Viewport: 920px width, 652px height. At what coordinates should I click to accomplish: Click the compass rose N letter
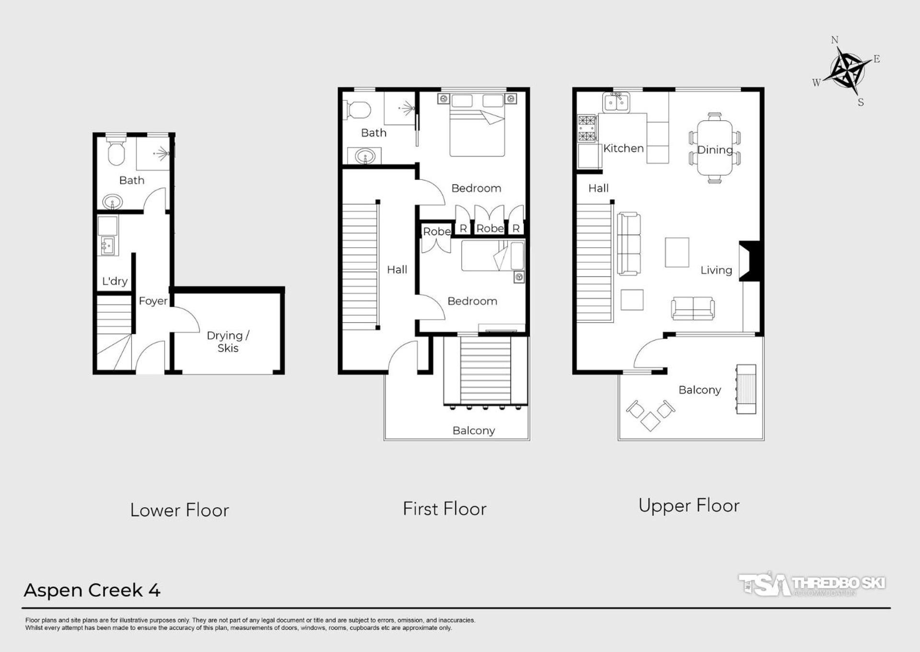[834, 40]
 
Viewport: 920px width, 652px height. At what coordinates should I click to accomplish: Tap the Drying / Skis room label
[228, 342]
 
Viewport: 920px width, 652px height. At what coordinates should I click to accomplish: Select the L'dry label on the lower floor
[115, 281]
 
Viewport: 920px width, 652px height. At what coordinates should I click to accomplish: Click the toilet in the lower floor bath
[116, 151]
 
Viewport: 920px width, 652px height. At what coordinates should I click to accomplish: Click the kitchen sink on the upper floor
[616, 103]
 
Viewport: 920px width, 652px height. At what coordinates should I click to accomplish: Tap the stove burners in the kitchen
[587, 129]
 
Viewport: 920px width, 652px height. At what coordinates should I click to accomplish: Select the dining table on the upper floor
[715, 148]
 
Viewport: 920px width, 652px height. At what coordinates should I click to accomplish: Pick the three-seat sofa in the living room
[629, 244]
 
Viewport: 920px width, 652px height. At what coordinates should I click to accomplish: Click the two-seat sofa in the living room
[693, 308]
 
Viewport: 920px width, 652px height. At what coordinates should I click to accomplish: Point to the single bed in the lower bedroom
[493, 256]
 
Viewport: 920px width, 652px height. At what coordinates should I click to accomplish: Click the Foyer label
[153, 301]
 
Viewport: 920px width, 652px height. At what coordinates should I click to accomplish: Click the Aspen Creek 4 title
[92, 590]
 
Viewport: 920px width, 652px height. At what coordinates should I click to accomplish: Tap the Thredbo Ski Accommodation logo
[812, 584]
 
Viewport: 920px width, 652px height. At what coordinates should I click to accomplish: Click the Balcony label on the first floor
[474, 431]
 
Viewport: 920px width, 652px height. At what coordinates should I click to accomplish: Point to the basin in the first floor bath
[364, 156]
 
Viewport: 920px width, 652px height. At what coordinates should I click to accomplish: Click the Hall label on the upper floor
[598, 189]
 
